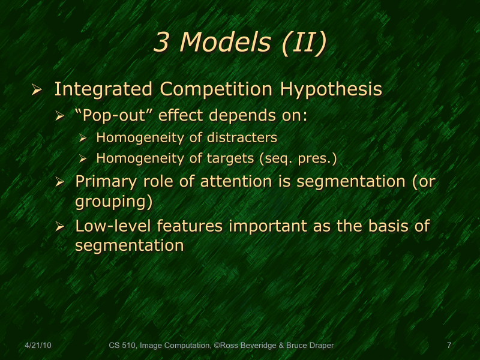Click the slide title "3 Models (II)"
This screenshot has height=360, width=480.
[x=240, y=42]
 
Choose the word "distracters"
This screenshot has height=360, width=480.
[x=242, y=137]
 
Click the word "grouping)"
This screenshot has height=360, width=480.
[x=113, y=201]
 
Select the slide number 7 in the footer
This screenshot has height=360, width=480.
[x=449, y=345]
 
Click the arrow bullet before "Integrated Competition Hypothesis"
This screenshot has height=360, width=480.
[x=37, y=91]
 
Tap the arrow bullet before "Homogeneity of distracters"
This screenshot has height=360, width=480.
[x=83, y=138]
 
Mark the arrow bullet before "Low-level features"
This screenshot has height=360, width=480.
[x=59, y=227]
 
